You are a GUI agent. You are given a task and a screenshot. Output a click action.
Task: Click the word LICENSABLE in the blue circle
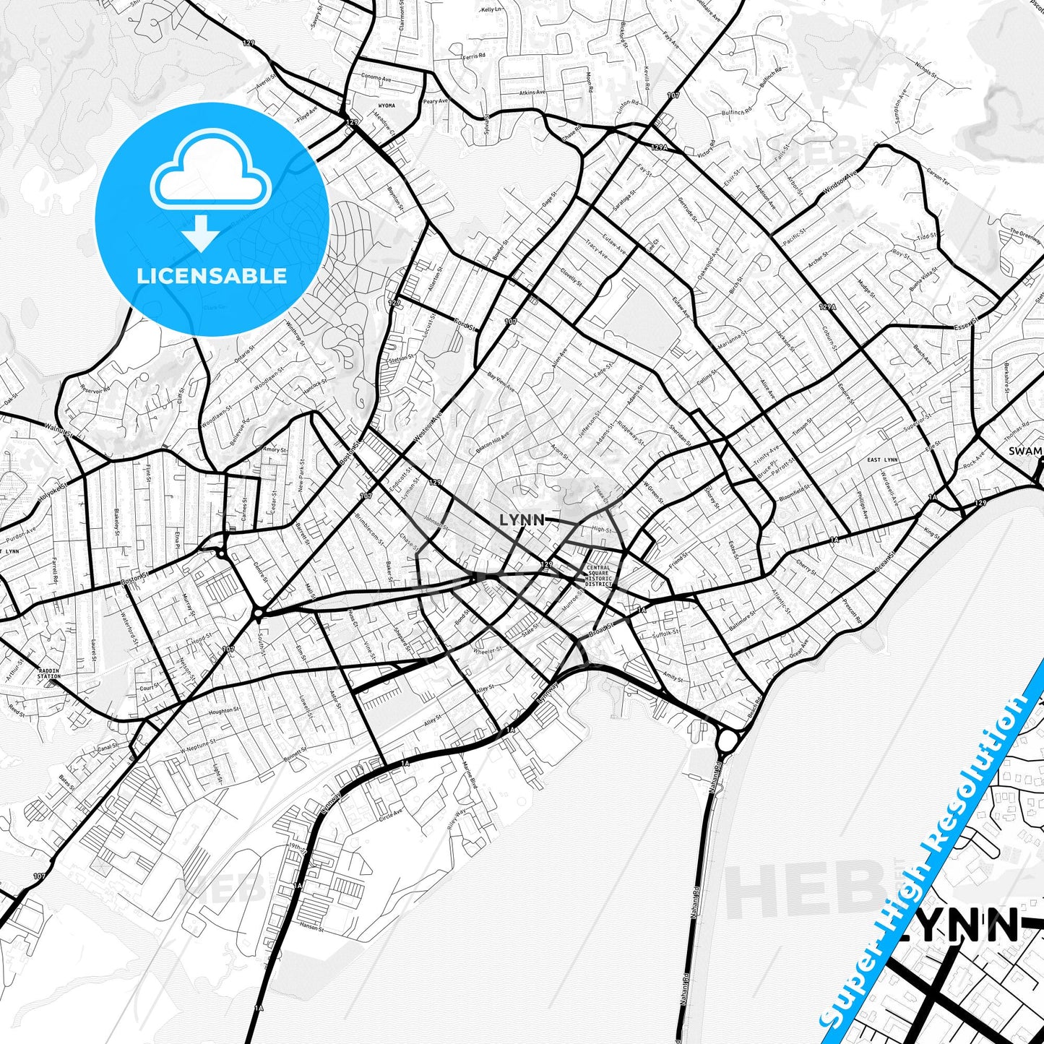212,276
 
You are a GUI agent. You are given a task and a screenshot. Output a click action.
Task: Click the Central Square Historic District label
598,577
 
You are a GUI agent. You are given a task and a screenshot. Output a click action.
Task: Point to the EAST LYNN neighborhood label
882,460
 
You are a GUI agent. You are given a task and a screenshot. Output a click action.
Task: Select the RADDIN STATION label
49,674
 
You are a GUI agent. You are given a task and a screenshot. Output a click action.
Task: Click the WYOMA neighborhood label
387,105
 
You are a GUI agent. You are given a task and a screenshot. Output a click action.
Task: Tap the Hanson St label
309,926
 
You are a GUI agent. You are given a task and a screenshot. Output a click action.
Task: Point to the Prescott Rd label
852,613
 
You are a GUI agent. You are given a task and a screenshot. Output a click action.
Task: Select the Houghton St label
223,712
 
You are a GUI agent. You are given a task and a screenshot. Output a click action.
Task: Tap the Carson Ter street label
939,178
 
